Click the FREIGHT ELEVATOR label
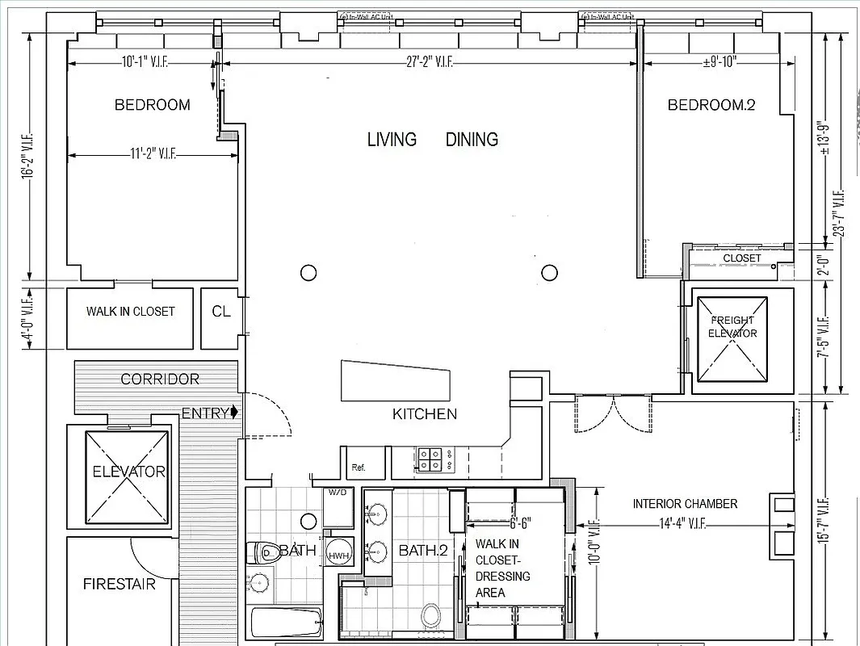[732, 326]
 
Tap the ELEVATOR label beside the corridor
[128, 472]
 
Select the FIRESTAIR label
[119, 584]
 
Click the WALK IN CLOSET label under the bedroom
[130, 311]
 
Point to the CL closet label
[220, 311]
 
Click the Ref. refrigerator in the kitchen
[358, 468]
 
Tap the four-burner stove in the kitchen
[430, 459]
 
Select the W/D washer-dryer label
[337, 492]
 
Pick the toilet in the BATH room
[263, 552]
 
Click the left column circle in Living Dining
[308, 272]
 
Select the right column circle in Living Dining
[550, 272]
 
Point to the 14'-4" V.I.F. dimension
[682, 524]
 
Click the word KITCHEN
[425, 414]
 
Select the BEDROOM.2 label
[711, 104]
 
